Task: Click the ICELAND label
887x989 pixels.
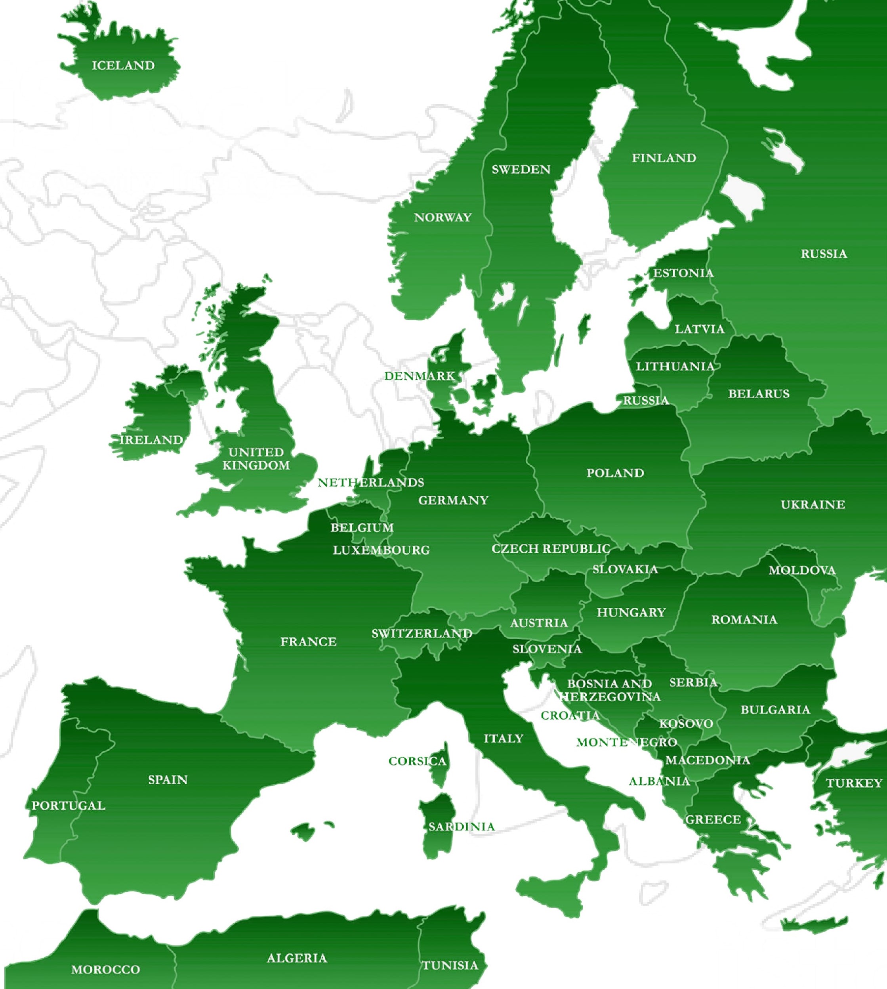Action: pyautogui.click(x=123, y=65)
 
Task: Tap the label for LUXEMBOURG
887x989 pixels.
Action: pyautogui.click(x=381, y=550)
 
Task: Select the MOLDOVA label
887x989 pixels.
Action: pyautogui.click(x=802, y=570)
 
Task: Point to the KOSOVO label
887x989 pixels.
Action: pyautogui.click(x=686, y=724)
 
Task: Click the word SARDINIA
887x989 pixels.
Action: pyautogui.click(x=461, y=826)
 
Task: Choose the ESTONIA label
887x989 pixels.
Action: pyautogui.click(x=683, y=273)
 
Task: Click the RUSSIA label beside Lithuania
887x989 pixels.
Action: pyautogui.click(x=646, y=401)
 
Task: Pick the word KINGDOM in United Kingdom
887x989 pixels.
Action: pyautogui.click(x=256, y=466)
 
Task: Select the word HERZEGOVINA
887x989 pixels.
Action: pyautogui.click(x=610, y=697)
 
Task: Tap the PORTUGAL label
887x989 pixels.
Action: pyautogui.click(x=68, y=806)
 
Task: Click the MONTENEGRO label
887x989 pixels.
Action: pyautogui.click(x=626, y=743)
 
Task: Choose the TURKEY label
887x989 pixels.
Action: pyautogui.click(x=854, y=783)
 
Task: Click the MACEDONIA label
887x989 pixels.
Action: pyautogui.click(x=707, y=760)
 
